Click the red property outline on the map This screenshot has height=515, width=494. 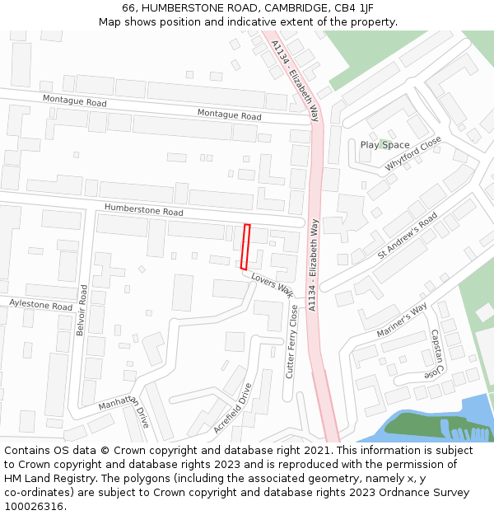pos(245,246)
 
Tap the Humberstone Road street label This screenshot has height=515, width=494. pos(143,212)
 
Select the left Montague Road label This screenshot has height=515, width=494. pos(76,103)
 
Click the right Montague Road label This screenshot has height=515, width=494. pos(229,115)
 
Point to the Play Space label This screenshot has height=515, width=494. pos(384,145)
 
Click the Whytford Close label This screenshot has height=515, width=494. pos(413,155)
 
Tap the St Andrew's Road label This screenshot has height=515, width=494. pos(408,236)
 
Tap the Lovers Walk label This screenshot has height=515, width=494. pos(273,284)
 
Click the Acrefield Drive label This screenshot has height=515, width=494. pos(232,408)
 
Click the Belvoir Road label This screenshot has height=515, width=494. pos(81,310)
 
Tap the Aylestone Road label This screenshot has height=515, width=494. pos(40,305)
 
